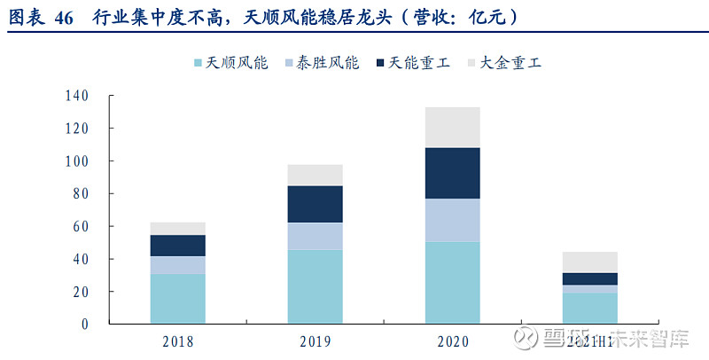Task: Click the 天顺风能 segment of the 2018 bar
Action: click(x=177, y=299)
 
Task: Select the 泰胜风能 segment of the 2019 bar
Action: click(x=315, y=236)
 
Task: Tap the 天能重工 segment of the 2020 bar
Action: click(x=452, y=173)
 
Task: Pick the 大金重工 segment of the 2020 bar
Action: click(x=452, y=128)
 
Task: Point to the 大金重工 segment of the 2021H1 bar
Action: click(x=590, y=262)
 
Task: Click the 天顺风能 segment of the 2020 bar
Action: click(x=452, y=283)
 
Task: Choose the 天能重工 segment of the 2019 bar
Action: click(x=315, y=204)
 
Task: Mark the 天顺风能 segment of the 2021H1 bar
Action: click(x=590, y=309)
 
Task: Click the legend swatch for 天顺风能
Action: click(x=198, y=64)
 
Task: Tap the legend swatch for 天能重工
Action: click(x=382, y=64)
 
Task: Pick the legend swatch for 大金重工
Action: click(x=472, y=64)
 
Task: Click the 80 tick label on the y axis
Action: click(x=82, y=193)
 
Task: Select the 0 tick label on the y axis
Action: click(x=86, y=325)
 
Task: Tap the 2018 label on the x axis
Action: click(x=177, y=341)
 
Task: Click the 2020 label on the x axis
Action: click(x=452, y=341)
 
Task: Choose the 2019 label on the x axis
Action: click(x=315, y=341)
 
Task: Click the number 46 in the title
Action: click(x=64, y=18)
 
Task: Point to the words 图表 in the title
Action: click(x=27, y=18)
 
